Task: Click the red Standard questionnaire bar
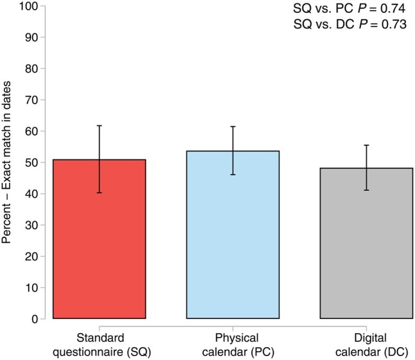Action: coord(99,239)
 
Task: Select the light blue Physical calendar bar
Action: coord(233,235)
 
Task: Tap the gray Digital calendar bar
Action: coord(366,243)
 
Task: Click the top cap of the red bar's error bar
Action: coord(99,125)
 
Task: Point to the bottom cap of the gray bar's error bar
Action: coord(366,190)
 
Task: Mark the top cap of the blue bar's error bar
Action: coord(233,127)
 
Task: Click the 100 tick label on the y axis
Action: coord(28,6)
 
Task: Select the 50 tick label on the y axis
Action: coord(31,163)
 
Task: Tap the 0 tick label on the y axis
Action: coord(35,319)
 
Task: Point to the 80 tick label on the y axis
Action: coord(31,69)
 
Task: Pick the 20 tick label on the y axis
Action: coord(31,256)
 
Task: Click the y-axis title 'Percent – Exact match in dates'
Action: coord(6,162)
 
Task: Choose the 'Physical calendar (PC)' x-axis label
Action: coord(238,345)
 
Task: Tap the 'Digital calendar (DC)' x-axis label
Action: coord(371,345)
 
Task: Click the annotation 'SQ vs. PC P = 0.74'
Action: coord(349,8)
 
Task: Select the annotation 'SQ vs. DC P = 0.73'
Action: coord(350,24)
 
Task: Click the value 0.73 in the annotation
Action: coord(394,24)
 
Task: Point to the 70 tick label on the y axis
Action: coord(31,100)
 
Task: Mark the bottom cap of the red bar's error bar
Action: coord(99,193)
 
